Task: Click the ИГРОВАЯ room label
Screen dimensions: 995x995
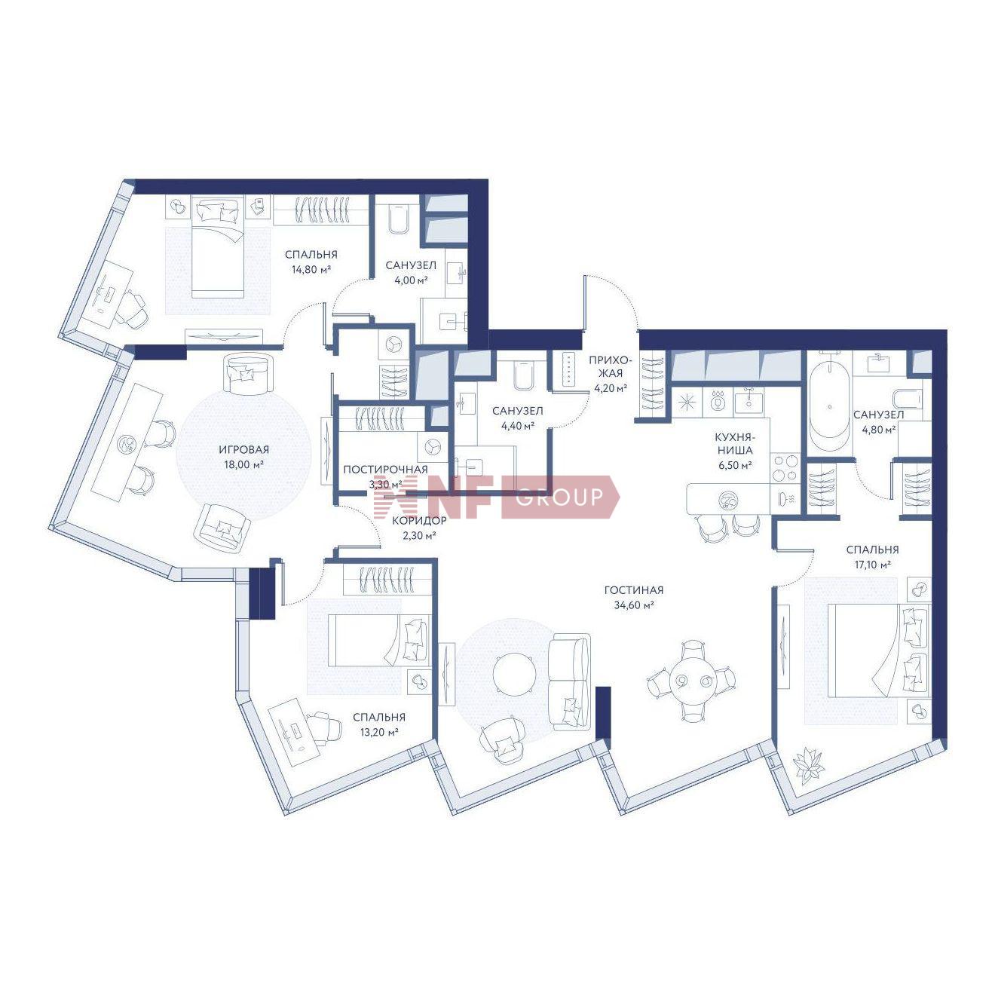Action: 243,450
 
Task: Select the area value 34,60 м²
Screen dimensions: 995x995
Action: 634,605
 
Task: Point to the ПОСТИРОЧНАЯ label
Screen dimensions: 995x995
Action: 385,470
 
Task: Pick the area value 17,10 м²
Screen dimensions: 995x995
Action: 872,565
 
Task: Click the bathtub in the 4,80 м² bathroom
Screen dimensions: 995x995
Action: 828,406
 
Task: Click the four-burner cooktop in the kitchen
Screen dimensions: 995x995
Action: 785,468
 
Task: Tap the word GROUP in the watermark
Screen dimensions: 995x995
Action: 559,497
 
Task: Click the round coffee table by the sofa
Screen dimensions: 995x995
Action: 514,675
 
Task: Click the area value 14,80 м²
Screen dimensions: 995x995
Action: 311,269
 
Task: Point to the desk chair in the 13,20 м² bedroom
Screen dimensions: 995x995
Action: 323,727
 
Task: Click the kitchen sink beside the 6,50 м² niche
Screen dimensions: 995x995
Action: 750,400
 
